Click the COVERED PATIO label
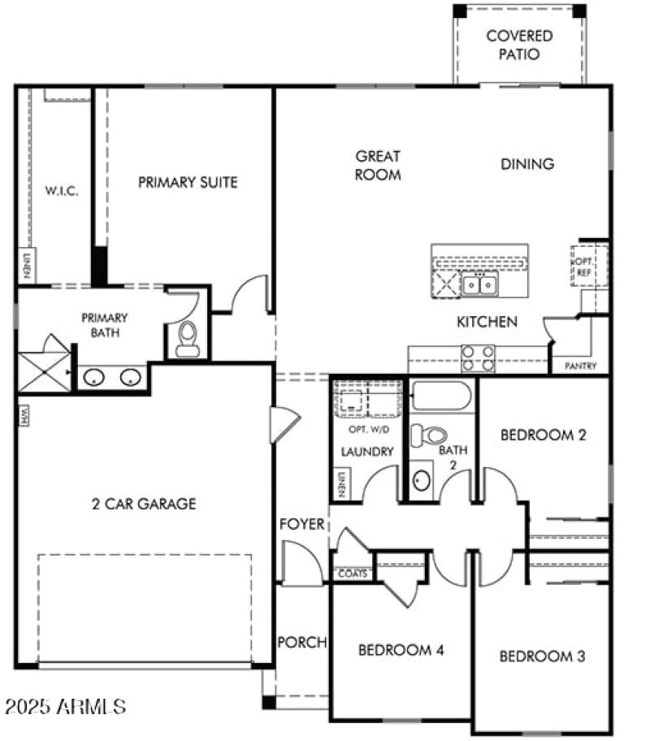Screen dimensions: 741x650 tap(519, 45)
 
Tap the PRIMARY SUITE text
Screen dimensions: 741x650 tap(188, 182)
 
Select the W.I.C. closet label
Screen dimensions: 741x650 tap(62, 192)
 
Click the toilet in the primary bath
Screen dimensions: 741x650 tap(188, 338)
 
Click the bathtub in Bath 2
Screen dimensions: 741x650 tap(441, 396)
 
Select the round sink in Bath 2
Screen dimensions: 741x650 tap(422, 479)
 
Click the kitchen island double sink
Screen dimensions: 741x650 tap(480, 284)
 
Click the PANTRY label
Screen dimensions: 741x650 tap(580, 366)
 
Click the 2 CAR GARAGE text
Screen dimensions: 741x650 tap(144, 504)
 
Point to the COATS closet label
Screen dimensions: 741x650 tap(353, 574)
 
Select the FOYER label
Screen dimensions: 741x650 tap(302, 523)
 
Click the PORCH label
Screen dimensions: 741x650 tap(302, 642)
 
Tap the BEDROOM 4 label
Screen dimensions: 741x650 tap(401, 650)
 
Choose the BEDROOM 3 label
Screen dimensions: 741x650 tap(542, 656)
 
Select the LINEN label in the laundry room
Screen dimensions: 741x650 tap(341, 484)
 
